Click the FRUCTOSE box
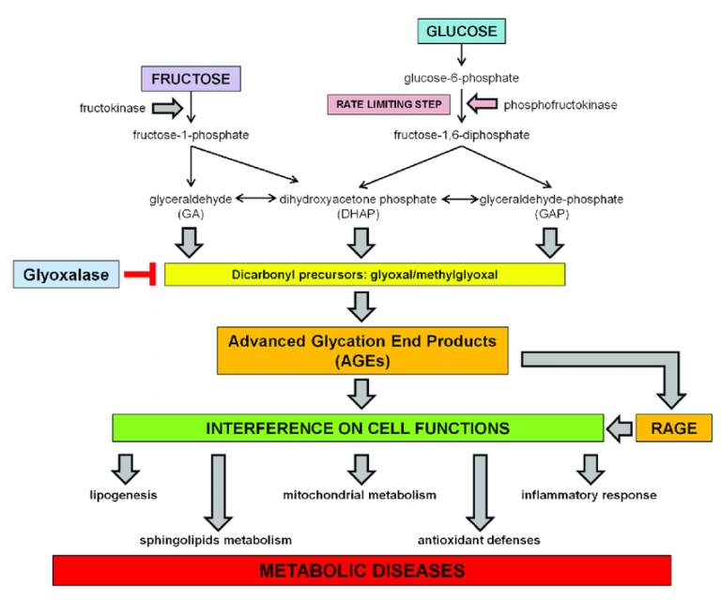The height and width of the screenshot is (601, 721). (x=191, y=79)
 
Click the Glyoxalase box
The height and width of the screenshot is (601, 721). (x=63, y=274)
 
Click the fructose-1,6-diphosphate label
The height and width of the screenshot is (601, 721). (x=460, y=135)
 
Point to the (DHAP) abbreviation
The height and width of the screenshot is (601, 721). (x=357, y=214)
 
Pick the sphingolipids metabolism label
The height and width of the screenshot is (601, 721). (x=216, y=540)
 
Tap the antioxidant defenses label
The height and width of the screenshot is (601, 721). (x=479, y=540)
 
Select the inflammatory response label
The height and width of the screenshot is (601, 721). (x=589, y=494)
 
